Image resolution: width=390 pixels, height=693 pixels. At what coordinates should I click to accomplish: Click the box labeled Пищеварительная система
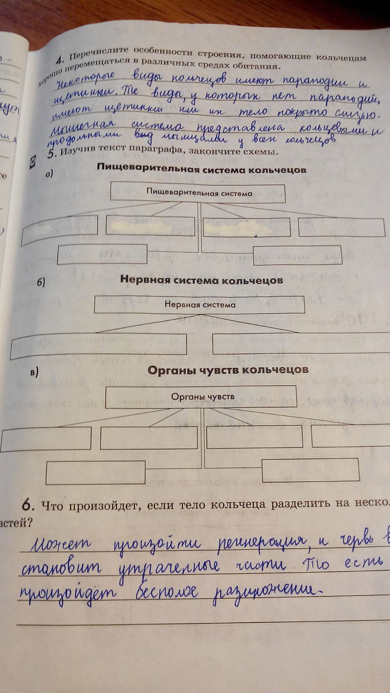pyautogui.click(x=199, y=193)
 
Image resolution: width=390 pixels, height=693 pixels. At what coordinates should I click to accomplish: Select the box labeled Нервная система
pyautogui.click(x=200, y=304)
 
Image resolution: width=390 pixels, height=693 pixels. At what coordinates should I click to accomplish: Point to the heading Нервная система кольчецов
pyautogui.click(x=201, y=280)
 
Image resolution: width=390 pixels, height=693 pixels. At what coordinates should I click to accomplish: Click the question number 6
pyautogui.click(x=27, y=505)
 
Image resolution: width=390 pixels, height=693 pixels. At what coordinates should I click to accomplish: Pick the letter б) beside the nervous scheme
pyautogui.click(x=41, y=282)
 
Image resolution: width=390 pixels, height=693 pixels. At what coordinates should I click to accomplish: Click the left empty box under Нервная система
pyautogui.click(x=99, y=344)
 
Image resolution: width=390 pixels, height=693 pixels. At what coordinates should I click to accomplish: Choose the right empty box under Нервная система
pyautogui.click(x=301, y=344)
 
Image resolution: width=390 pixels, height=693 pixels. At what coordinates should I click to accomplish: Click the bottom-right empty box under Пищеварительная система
pyautogui.click(x=298, y=255)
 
